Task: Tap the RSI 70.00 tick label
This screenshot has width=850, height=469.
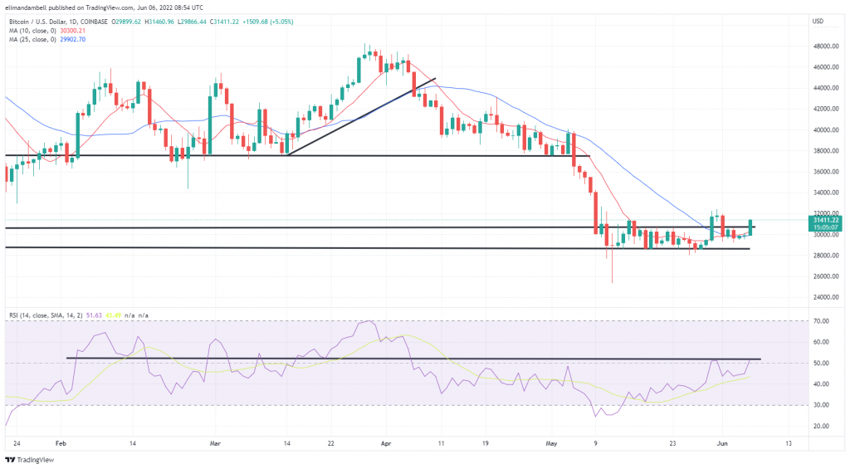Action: click(x=822, y=320)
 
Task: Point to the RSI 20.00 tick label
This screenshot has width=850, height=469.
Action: click(x=822, y=426)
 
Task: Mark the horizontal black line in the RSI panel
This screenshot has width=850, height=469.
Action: click(x=415, y=359)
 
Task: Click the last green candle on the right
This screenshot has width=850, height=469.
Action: click(x=750, y=227)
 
